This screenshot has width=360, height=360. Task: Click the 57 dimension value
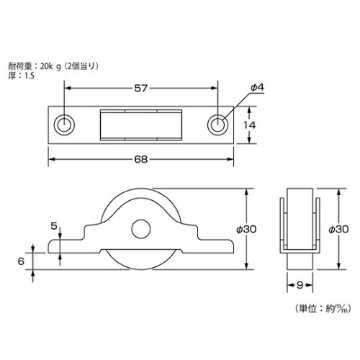click(x=141, y=89)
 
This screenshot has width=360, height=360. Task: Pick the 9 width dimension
click(x=299, y=285)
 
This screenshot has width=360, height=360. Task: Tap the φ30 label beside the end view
click(x=338, y=230)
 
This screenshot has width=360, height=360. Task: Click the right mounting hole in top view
click(x=217, y=124)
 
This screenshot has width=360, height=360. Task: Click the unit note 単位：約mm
click(x=322, y=309)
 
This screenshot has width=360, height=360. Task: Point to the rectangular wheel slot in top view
click(x=141, y=124)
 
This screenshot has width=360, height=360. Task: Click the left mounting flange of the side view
click(x=68, y=246)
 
